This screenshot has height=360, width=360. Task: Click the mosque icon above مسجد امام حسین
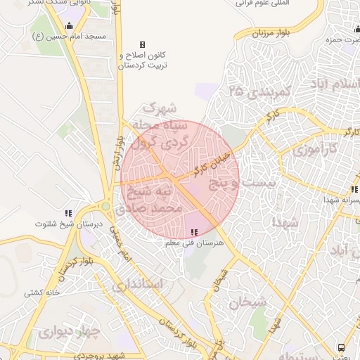coord(68,26)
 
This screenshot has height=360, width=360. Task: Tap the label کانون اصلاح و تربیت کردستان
coord(143,60)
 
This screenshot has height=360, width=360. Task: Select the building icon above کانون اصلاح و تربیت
coord(143,44)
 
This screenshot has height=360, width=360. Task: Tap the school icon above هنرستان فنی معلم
coord(194,232)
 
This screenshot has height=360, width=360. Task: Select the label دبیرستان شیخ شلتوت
coord(69,224)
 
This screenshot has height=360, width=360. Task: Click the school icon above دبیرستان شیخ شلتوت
coord(68,212)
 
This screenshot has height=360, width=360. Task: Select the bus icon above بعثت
coord(341,347)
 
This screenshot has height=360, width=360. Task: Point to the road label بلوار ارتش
coord(113,151)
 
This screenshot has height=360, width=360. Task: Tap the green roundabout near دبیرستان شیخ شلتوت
coord(105,207)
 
